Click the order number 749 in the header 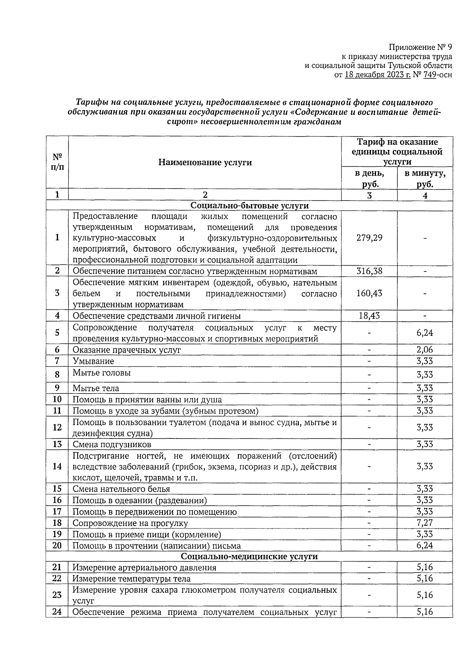click(x=429, y=75)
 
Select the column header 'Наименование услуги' click(x=205, y=163)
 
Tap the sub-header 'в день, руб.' click(x=369, y=179)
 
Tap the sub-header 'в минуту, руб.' click(x=425, y=179)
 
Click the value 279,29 click(x=369, y=238)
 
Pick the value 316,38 click(x=369, y=271)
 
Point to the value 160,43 click(x=369, y=293)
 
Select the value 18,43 click(x=369, y=316)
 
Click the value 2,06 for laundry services click(x=425, y=350)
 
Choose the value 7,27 click(x=425, y=523)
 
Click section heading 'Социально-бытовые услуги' click(x=249, y=206)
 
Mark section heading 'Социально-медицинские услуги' click(x=249, y=556)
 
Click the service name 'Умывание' click(x=93, y=361)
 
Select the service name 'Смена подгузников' click(x=112, y=445)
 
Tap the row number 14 click(x=57, y=467)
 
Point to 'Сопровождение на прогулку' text click(x=130, y=523)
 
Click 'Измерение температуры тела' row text click(x=132, y=579)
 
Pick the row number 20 click(x=57, y=545)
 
